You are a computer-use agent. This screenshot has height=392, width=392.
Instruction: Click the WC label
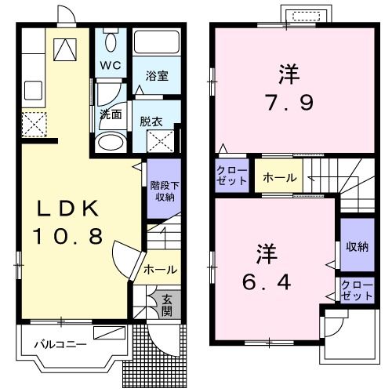pyautogui.click(x=110, y=66)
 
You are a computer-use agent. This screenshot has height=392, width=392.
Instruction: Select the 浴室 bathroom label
pyautogui.click(x=158, y=75)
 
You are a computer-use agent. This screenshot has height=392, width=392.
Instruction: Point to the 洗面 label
pyautogui.click(x=110, y=114)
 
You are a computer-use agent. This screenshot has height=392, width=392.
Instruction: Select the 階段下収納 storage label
pyautogui.click(x=163, y=191)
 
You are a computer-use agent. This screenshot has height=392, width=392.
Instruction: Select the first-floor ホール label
pyautogui.click(x=161, y=269)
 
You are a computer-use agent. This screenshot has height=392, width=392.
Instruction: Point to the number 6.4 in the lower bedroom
pyautogui.click(x=267, y=281)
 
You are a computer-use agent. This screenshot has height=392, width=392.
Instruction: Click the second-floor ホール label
pyautogui.click(x=279, y=178)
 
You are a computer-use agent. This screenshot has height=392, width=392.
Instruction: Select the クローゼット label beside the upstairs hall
pyautogui.click(x=231, y=176)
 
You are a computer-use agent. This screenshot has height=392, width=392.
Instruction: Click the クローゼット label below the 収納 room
pyautogui.click(x=357, y=290)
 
